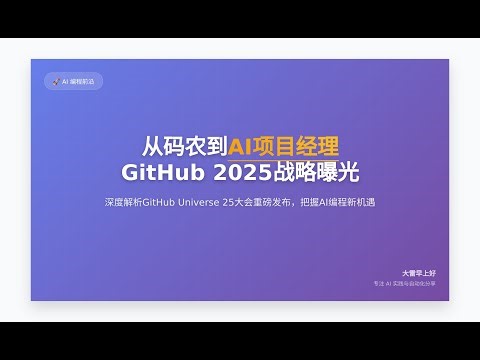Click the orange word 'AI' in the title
tap(242, 147)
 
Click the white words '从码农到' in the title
tap(185, 147)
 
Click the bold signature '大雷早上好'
tap(418, 272)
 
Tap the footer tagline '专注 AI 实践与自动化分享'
tap(404, 284)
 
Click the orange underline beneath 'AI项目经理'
tap(270, 160)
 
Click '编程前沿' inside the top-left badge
tap(81, 82)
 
